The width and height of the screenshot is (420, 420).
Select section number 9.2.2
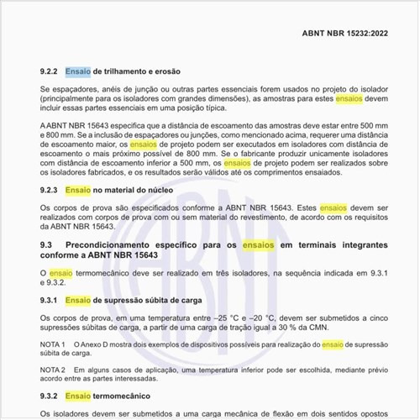[50, 72]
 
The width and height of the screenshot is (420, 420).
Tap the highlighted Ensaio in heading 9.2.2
[78, 72]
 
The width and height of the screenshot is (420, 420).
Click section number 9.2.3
[50, 191]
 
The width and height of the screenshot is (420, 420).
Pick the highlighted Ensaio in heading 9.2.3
[78, 191]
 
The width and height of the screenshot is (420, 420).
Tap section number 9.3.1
[50, 300]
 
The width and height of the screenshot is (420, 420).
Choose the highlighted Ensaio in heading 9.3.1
[78, 300]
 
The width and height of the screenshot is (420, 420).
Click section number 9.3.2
[50, 396]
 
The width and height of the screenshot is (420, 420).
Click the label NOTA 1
[54, 345]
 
